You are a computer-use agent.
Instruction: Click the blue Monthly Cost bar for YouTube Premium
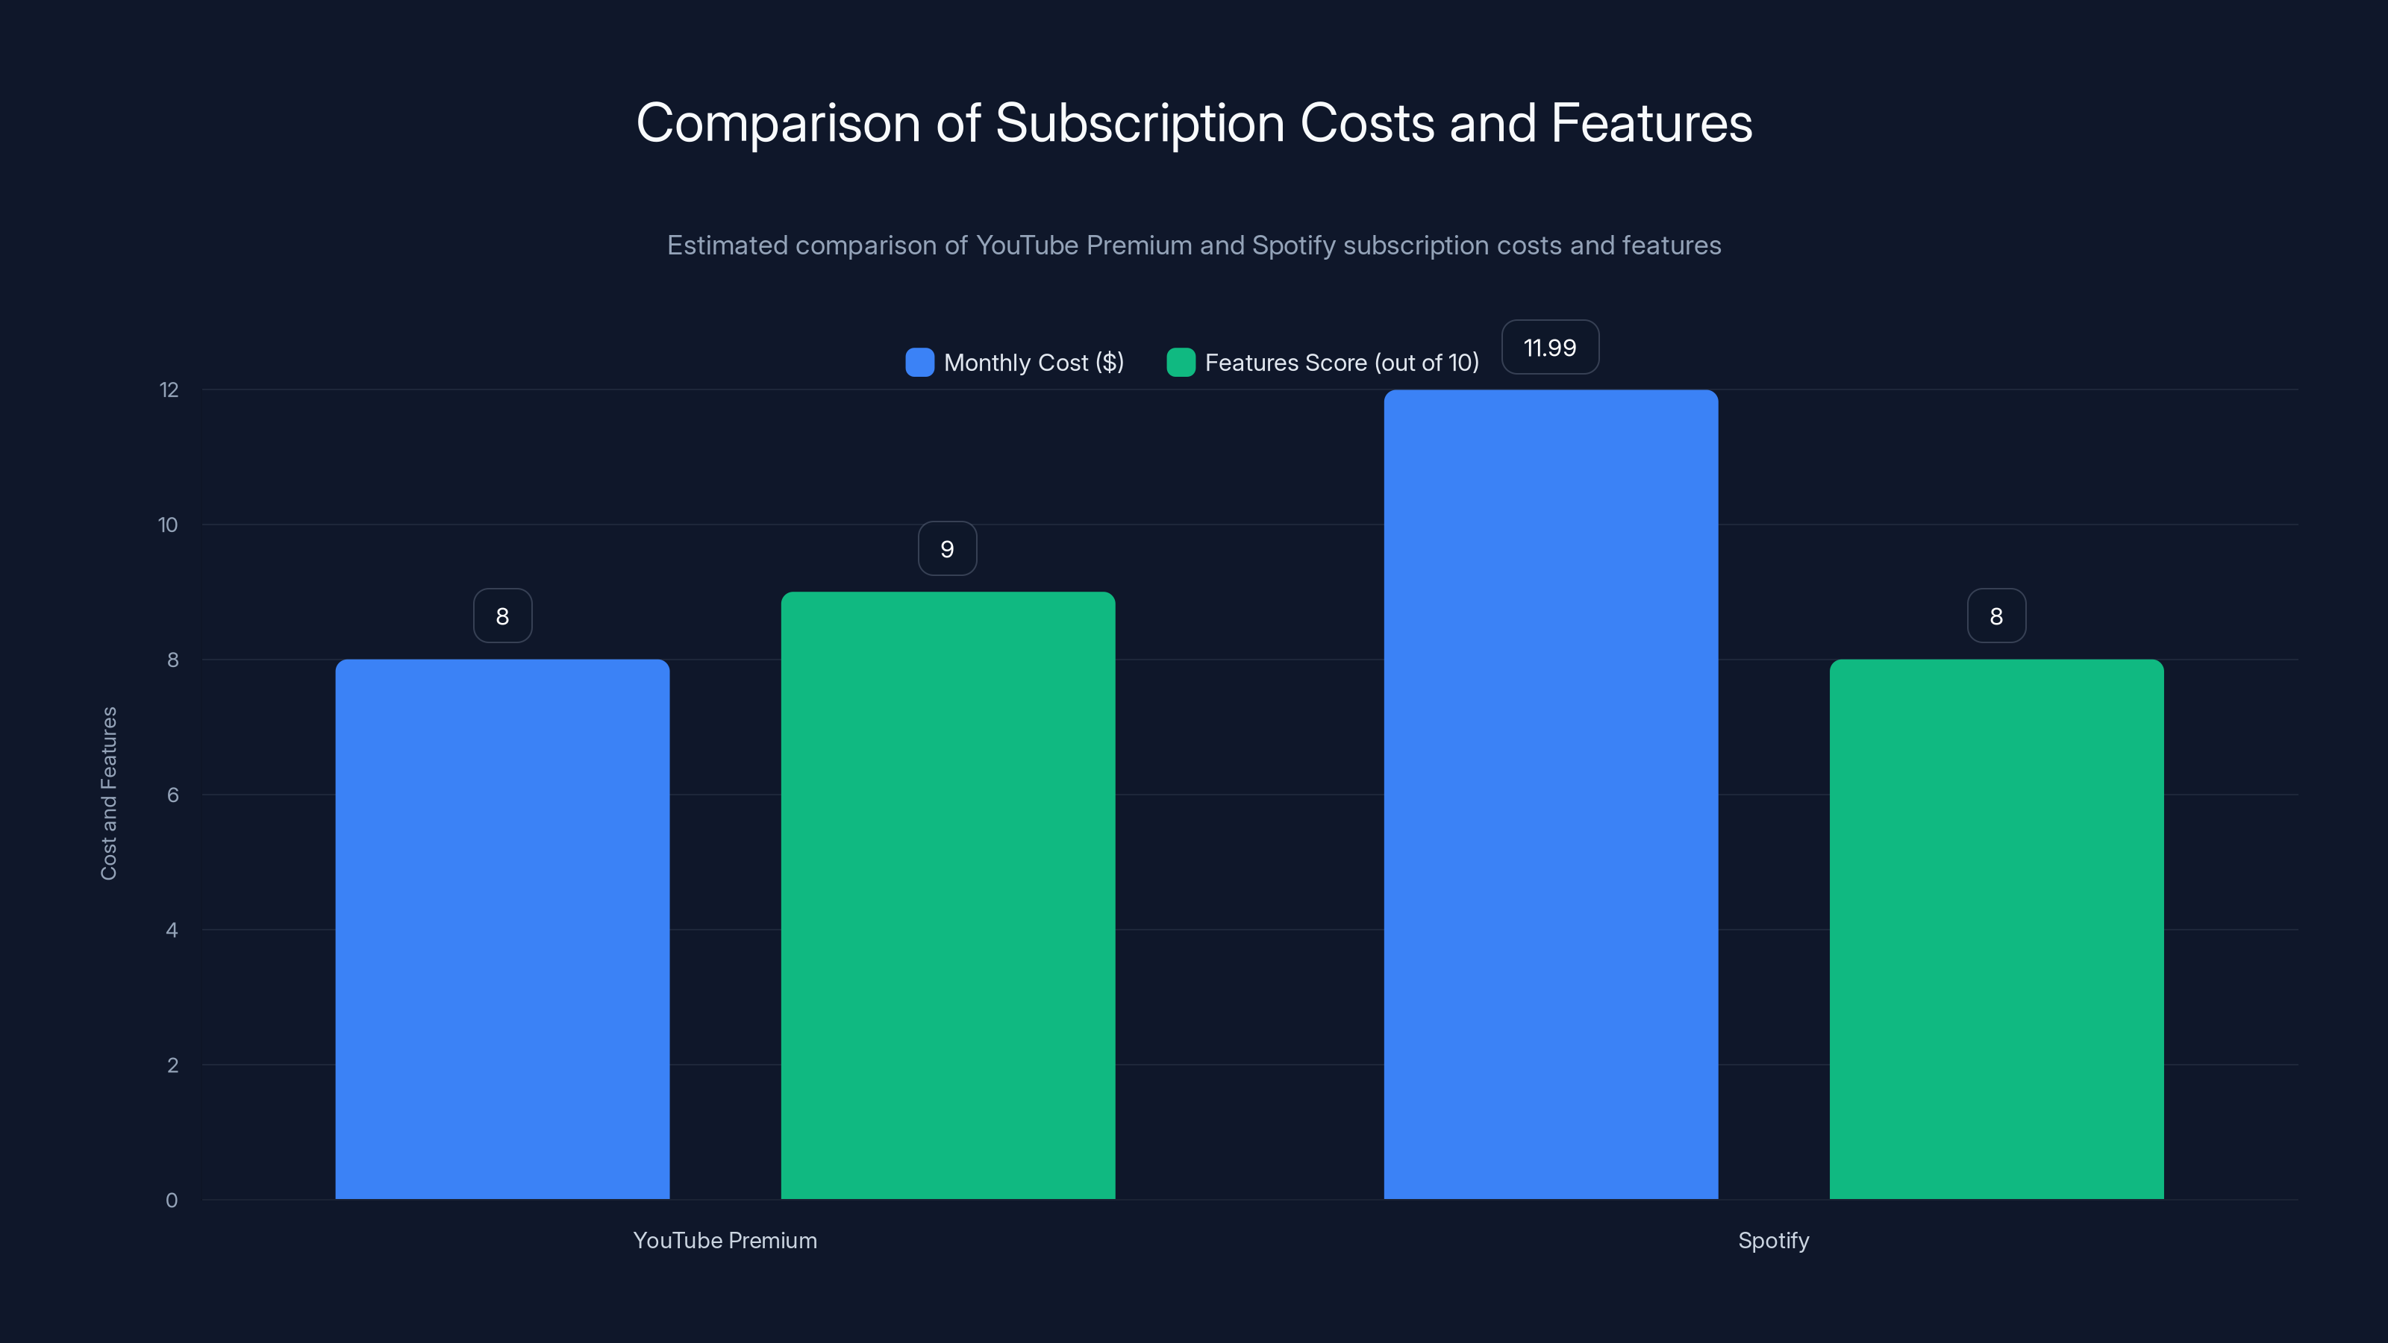click(502, 929)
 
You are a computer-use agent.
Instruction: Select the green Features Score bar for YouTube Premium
click(948, 895)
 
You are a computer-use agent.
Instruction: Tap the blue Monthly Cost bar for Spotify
click(1551, 795)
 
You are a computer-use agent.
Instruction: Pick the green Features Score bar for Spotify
click(1996, 929)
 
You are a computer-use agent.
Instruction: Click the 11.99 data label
click(1550, 348)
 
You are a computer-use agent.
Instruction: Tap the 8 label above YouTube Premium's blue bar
click(502, 616)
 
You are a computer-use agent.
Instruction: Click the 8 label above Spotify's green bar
click(1996, 616)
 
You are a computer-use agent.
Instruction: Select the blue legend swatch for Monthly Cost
click(919, 363)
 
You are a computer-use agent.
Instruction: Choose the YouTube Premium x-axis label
click(725, 1240)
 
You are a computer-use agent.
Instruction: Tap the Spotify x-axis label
click(1773, 1240)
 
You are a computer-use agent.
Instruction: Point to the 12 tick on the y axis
click(169, 390)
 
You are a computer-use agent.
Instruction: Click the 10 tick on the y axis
click(168, 525)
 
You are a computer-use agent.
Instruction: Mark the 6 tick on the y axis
click(172, 795)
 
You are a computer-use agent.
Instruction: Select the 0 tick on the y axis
click(172, 1200)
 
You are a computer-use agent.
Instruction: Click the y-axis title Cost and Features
click(108, 793)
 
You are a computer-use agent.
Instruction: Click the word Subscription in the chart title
click(1140, 123)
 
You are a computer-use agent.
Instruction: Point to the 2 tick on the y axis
click(172, 1065)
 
